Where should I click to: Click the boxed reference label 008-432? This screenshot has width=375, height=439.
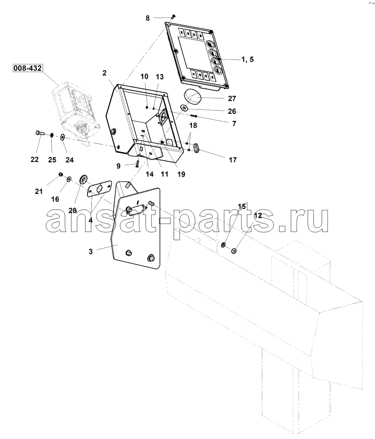coord(28,68)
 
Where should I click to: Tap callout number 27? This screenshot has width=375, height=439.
coord(232,98)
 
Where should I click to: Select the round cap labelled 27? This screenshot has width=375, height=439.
coord(193,97)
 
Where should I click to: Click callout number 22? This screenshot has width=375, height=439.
coord(35,159)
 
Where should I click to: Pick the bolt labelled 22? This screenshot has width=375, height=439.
coord(40,133)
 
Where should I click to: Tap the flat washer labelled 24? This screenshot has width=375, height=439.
coord(62,137)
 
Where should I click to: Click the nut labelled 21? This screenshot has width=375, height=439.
coord(60,175)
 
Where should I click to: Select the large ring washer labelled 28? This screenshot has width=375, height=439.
coord(84,179)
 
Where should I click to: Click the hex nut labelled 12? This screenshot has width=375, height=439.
coord(234,250)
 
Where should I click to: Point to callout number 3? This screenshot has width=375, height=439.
coord(90,251)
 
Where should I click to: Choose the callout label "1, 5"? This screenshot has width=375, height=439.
coord(247,59)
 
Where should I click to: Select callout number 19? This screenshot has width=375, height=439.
coord(181,174)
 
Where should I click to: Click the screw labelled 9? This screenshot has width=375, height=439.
coord(138,163)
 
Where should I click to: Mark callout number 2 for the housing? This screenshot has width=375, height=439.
coord(104,73)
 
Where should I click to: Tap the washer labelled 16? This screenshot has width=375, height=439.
coord(69,179)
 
